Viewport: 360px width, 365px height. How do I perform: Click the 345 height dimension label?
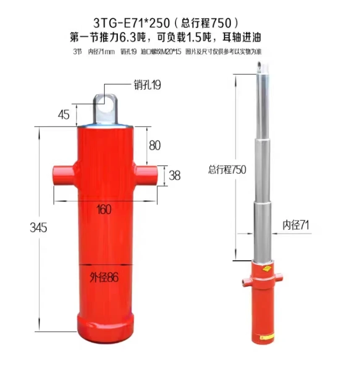39,228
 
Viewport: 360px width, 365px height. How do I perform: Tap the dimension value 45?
64,115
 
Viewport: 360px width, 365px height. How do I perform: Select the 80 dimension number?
155,145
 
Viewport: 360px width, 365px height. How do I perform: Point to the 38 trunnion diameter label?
175,175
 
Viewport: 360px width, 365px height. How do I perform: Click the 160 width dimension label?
104,209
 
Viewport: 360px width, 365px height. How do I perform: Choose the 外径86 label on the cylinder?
104,277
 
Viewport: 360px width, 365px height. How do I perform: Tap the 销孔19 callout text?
147,85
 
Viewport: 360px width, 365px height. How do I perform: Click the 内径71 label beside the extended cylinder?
296,225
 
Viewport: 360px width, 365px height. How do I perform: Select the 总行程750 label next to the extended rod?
227,169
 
